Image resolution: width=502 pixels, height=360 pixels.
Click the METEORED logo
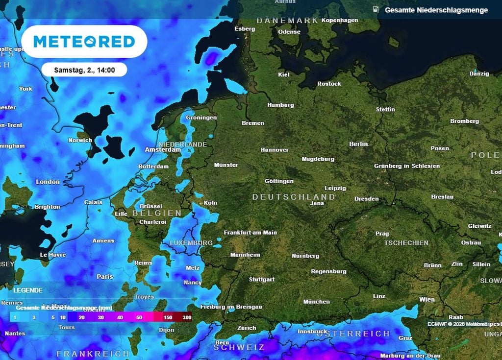click(x=84, y=42)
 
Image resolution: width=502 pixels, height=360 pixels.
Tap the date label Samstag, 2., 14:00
click(x=84, y=70)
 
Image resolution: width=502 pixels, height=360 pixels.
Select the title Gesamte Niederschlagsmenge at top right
click(x=436, y=10)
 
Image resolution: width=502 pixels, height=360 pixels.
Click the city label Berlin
click(x=358, y=144)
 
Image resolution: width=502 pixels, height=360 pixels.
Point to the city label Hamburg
click(x=280, y=105)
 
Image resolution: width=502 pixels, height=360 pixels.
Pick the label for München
click(x=316, y=302)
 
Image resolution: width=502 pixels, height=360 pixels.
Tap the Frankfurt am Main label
click(x=250, y=233)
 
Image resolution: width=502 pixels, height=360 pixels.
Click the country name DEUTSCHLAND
click(x=294, y=197)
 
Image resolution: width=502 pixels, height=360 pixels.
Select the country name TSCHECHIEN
click(x=406, y=243)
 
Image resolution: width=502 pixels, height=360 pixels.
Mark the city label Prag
click(x=382, y=234)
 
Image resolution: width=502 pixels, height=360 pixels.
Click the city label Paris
click(x=105, y=277)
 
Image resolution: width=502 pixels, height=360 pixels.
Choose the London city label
click(x=48, y=182)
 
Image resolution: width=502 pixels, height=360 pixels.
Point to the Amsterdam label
click(x=163, y=150)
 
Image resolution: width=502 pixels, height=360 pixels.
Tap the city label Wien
click(x=427, y=299)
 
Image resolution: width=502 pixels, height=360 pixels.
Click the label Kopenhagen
click(x=340, y=20)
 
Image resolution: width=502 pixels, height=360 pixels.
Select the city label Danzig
click(x=479, y=73)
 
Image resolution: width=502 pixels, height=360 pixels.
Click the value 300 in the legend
click(x=187, y=318)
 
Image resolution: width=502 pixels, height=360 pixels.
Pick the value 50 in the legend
click(x=139, y=318)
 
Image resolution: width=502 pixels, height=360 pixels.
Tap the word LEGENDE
click(x=28, y=290)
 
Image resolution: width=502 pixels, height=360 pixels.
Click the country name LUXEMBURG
click(x=191, y=243)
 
